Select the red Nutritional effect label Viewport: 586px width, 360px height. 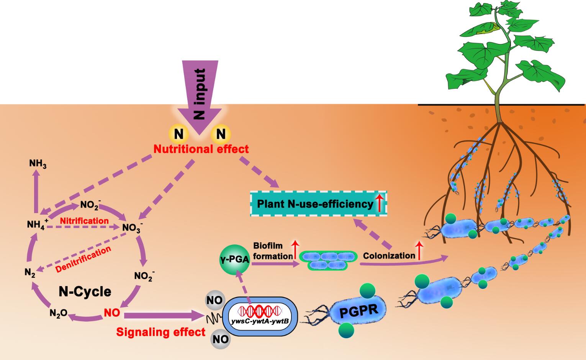(201, 149)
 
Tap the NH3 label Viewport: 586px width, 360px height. (38, 164)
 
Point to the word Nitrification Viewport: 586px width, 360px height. (84, 221)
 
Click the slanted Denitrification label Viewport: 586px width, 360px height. (83, 259)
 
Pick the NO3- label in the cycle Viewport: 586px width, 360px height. (133, 228)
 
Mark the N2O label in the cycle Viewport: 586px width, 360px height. (58, 313)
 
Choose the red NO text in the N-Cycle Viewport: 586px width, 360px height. (112, 313)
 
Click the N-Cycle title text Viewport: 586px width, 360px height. (85, 292)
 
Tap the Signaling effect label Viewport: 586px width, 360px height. (161, 332)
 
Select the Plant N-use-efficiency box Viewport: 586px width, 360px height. (318, 204)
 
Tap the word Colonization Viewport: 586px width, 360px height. (389, 256)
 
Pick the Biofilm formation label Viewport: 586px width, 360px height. (273, 251)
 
